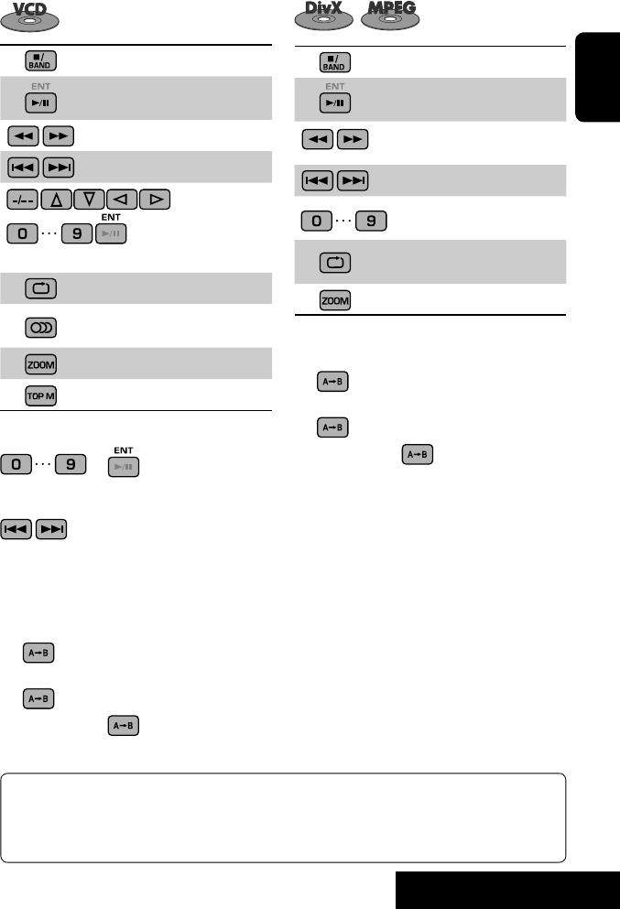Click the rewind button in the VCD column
(22, 136)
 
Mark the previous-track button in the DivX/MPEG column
(319, 180)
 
